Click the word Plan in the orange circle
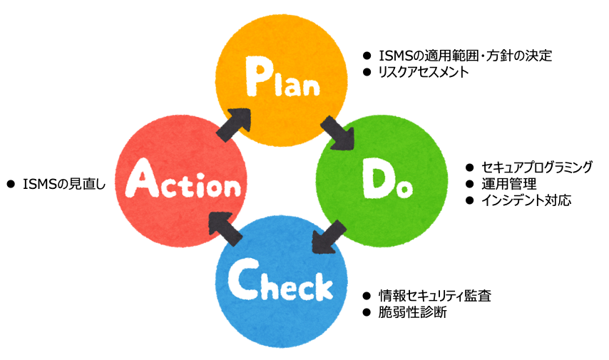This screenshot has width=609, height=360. [282, 77]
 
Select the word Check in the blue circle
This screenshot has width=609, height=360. [280, 280]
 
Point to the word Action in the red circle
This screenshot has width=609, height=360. [183, 179]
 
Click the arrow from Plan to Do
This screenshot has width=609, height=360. [337, 133]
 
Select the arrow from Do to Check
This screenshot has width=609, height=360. [329, 237]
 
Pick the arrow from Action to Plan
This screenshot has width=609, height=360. [233, 125]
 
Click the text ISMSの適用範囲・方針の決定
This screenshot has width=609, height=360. [465, 56]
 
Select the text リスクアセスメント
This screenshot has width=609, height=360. [424, 72]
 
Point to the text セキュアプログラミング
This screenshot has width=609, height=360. [537, 168]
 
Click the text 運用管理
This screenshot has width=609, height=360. [509, 184]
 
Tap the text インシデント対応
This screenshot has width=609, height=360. [526, 200]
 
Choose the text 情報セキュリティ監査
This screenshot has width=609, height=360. [435, 296]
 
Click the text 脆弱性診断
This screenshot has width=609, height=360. [412, 312]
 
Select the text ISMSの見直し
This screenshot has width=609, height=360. [64, 184]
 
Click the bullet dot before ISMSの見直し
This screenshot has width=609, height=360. [11, 184]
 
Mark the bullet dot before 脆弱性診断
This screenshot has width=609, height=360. [367, 312]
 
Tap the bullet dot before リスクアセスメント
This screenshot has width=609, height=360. [367, 72]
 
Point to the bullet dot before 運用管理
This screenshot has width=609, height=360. [469, 184]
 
